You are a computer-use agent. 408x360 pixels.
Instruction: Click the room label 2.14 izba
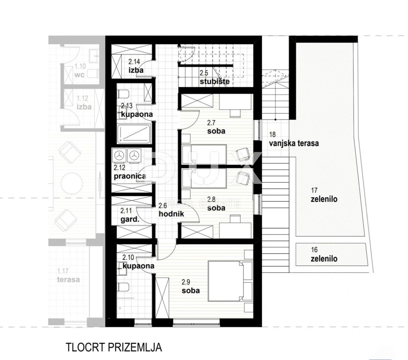pyautogui.click(x=136, y=67)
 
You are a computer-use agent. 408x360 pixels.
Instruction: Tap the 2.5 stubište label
pyautogui.click(x=215, y=78)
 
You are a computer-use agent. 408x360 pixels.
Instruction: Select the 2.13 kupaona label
pyautogui.click(x=137, y=110)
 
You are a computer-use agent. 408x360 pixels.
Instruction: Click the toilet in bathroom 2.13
pyautogui.click(x=124, y=93)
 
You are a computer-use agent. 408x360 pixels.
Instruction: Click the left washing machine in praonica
pyautogui.click(x=120, y=155)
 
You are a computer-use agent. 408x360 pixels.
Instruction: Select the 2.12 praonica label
pyautogui.click(x=130, y=172)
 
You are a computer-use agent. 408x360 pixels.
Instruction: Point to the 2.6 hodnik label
pyautogui.click(x=171, y=210)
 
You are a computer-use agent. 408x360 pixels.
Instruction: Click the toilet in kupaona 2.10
pyautogui.click(x=124, y=287)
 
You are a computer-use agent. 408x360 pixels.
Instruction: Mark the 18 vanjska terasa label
pyautogui.click(x=294, y=140)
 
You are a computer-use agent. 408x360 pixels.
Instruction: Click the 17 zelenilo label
pyautogui.click(x=324, y=195)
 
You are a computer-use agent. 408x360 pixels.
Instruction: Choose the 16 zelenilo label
pyautogui.click(x=324, y=255)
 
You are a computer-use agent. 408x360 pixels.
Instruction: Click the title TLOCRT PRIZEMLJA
pyautogui.click(x=114, y=347)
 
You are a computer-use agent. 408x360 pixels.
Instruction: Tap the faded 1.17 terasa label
pyautogui.click(x=68, y=276)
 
